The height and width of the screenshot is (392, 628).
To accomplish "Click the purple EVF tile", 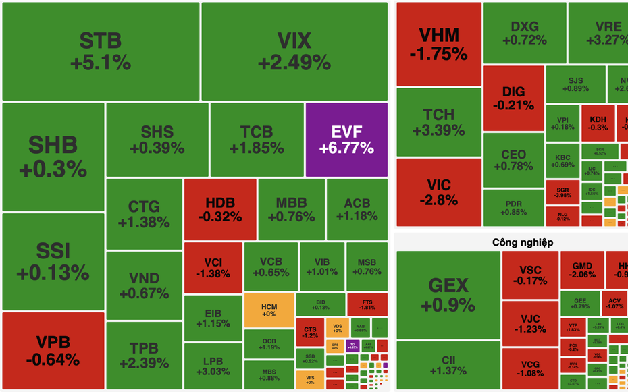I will [346, 139].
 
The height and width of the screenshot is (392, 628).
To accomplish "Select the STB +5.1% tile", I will [101, 51].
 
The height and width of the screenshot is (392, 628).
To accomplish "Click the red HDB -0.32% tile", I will [220, 209].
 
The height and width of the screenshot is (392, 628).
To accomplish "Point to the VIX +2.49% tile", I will [294, 51].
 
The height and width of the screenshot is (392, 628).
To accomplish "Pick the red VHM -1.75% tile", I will [439, 44].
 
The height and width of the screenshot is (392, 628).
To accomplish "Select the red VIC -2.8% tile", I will [439, 192].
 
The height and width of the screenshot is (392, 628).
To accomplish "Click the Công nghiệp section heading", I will [523, 242].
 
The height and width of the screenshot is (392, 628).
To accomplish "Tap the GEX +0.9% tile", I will [448, 294].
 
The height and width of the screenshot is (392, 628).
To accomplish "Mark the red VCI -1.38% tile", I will [213, 268].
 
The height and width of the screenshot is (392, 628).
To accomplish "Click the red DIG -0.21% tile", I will [514, 98].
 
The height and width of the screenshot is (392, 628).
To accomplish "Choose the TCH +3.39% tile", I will [439, 122].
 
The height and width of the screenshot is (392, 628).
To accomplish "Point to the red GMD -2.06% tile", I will [582, 270].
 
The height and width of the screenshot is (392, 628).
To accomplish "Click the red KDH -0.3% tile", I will [598, 123].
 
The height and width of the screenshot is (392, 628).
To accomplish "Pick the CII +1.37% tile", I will [448, 365].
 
